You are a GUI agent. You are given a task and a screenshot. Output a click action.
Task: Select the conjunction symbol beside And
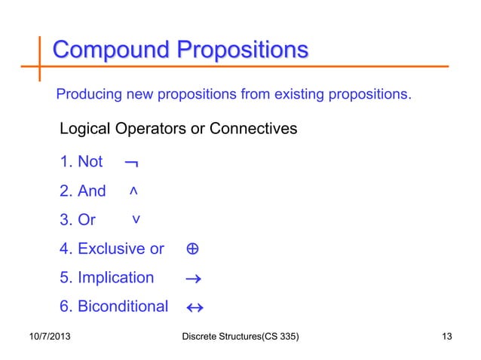click(x=133, y=192)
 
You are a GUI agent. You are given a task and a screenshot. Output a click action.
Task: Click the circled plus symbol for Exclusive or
click(x=191, y=249)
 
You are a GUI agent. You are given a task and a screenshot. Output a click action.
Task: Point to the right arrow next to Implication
click(x=192, y=279)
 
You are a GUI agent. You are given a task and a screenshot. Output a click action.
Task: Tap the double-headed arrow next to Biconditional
click(x=195, y=307)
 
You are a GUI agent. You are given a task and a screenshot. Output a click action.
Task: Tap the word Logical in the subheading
click(x=85, y=129)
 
